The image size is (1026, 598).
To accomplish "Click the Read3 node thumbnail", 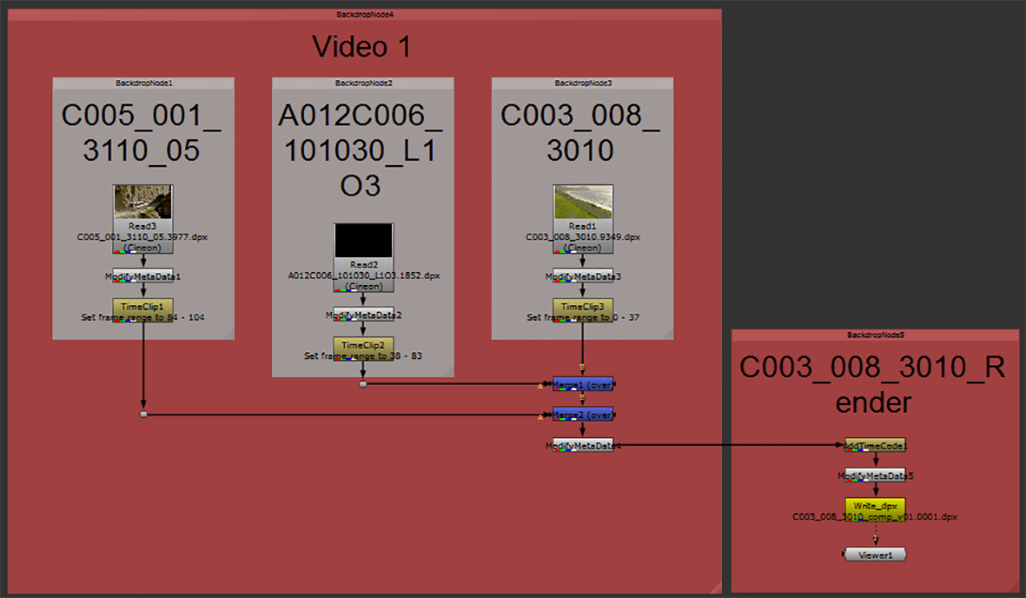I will pos(142,202).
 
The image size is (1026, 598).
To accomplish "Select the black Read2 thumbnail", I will pos(363,241).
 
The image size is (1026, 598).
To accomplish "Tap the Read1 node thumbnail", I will pos(583,202).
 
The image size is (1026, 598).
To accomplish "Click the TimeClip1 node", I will pos(142,307).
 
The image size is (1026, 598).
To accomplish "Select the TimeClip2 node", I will pos(363,345).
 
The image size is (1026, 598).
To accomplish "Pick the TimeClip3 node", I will pos(583,307).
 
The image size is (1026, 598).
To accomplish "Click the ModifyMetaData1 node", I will pos(142,276).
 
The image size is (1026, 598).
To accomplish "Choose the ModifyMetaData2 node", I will pos(363,315).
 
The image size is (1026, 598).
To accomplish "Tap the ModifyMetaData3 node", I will pos(583,276).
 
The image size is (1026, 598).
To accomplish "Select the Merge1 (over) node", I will pos(583,383).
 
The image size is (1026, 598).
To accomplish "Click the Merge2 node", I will pos(583,415).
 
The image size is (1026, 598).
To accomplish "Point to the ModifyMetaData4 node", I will pos(583,445).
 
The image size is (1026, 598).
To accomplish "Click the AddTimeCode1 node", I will pos(875,445).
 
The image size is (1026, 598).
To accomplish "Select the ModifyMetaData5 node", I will pos(875,475).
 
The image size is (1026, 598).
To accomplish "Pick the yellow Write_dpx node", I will pos(875,506).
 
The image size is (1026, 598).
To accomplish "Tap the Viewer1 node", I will pos(875,554).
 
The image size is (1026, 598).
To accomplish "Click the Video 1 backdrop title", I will pos(361,47).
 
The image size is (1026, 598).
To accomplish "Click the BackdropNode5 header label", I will pos(875,335).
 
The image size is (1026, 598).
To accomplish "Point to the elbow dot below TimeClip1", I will pos(143,415).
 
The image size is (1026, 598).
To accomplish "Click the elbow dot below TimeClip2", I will pos(363,383).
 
